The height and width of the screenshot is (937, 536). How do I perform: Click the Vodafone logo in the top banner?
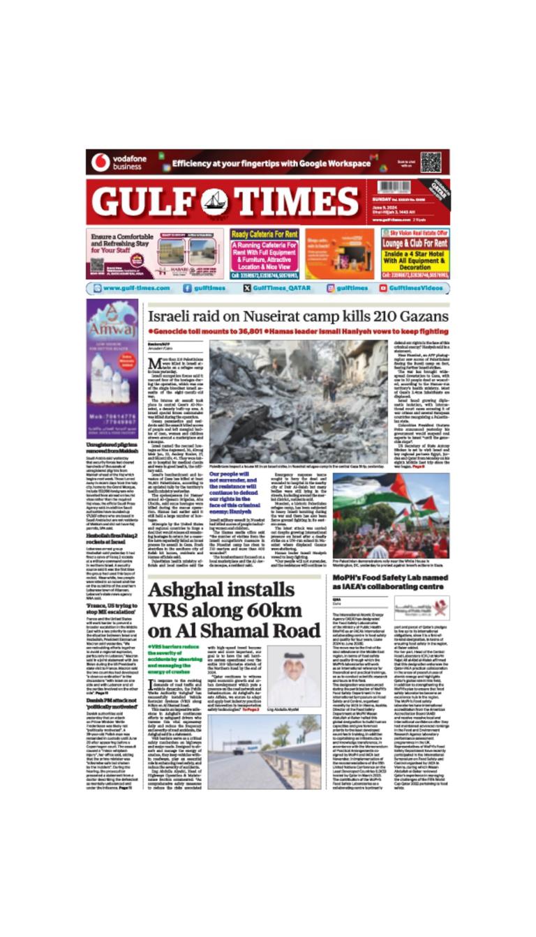tap(100, 162)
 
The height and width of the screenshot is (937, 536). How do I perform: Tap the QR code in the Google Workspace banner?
tap(430, 162)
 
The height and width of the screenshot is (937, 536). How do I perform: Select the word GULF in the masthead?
tap(146, 201)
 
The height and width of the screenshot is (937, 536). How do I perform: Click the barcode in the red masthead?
tap(394, 188)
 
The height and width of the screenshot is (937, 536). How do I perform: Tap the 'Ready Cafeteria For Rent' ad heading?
tap(264, 234)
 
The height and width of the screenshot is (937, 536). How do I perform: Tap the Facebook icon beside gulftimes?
tap(188, 288)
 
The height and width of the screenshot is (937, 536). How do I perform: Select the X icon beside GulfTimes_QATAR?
tap(247, 288)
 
